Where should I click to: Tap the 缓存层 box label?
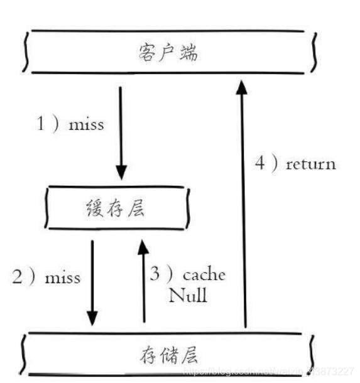(x=115, y=208)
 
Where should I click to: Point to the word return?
(x=311, y=165)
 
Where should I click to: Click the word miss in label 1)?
(x=86, y=124)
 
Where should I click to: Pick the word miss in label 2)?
(x=63, y=277)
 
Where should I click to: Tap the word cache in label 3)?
(x=204, y=275)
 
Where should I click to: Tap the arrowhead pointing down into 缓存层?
(x=121, y=173)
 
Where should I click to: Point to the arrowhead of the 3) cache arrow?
(x=144, y=246)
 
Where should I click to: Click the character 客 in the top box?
(x=146, y=53)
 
